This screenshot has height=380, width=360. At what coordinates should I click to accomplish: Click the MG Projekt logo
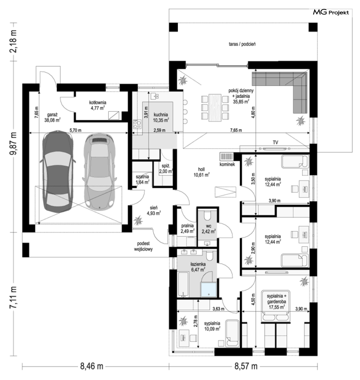pyautogui.click(x=331, y=12)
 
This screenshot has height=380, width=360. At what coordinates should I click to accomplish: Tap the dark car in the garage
pyautogui.click(x=58, y=172)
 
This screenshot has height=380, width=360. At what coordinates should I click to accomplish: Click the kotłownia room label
pyautogui.click(x=98, y=105)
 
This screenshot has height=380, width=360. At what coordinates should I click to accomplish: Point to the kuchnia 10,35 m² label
pyautogui.click(x=161, y=117)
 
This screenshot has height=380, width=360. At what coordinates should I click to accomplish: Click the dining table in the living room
pyautogui.click(x=215, y=108)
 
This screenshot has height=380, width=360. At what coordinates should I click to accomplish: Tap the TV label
pyautogui.click(x=275, y=143)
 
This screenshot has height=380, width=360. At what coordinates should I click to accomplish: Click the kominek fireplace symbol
pyautogui.click(x=227, y=156)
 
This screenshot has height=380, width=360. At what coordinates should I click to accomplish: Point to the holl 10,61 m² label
pyautogui.click(x=201, y=172)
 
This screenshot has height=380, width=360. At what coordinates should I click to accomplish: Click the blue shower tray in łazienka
pyautogui.click(x=209, y=290)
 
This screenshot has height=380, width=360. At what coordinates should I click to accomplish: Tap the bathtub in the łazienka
pyautogui.click(x=183, y=284)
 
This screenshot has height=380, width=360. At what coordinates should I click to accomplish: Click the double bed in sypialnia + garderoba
pyautogui.click(x=276, y=306)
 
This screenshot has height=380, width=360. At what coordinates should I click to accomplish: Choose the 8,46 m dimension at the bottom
pyautogui.click(x=92, y=366)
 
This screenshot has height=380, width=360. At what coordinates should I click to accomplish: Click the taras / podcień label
pyautogui.click(x=242, y=44)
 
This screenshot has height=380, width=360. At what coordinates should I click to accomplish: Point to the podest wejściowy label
pyautogui.click(x=143, y=246)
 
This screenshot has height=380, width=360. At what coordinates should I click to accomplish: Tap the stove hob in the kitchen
pyautogui.click(x=137, y=124)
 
